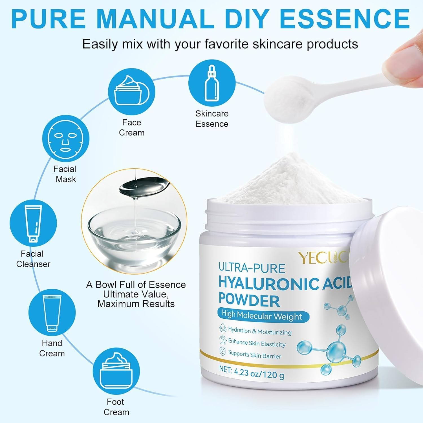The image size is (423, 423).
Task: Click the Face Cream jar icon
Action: (x=132, y=91)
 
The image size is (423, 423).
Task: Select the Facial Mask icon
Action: (x=66, y=138)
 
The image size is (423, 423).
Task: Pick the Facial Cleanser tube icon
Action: (x=33, y=224)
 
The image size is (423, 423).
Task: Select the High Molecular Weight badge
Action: (x=263, y=316)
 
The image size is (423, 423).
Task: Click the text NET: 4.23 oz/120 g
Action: (x=252, y=372)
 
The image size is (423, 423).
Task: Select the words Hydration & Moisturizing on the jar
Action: (x=259, y=331)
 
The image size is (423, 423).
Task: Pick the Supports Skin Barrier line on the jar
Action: (x=254, y=354)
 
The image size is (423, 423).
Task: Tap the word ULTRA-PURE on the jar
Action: (x=252, y=268)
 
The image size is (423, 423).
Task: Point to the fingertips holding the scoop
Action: (x=406, y=56)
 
